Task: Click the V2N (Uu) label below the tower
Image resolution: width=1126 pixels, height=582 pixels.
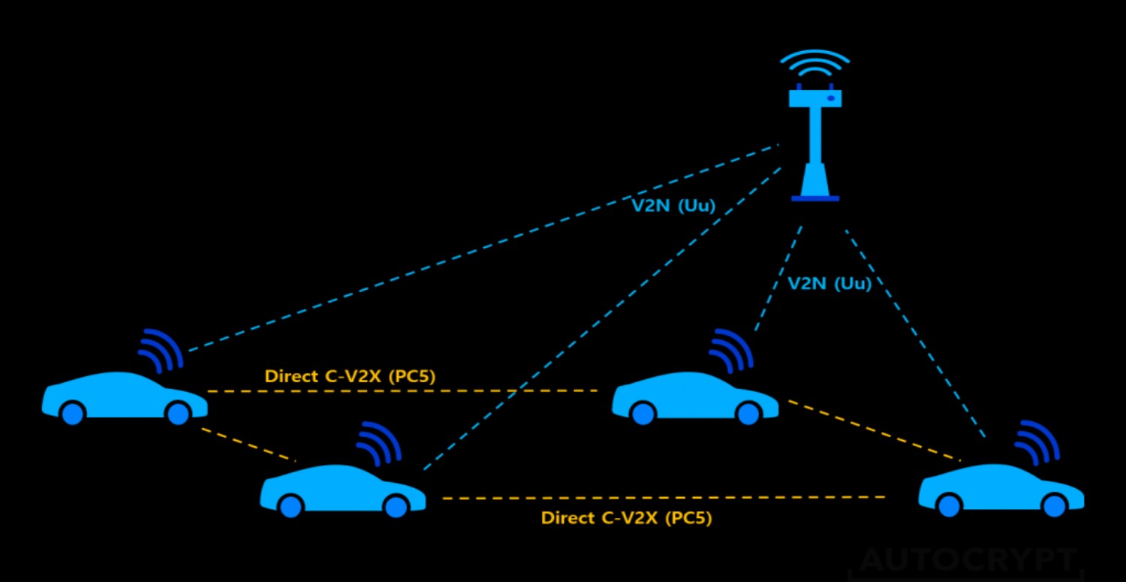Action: pyautogui.click(x=829, y=284)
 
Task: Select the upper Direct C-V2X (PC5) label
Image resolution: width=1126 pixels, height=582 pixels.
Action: pyautogui.click(x=350, y=375)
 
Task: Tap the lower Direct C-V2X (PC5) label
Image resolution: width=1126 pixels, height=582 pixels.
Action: pyautogui.click(x=626, y=517)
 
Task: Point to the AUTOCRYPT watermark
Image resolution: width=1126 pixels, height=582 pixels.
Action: pyautogui.click(x=968, y=560)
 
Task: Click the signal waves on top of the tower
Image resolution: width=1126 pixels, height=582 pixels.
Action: pyautogui.click(x=814, y=65)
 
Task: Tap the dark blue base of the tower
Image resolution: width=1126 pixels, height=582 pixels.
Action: pyautogui.click(x=815, y=198)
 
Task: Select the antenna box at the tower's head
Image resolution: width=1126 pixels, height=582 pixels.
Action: pyautogui.click(x=815, y=98)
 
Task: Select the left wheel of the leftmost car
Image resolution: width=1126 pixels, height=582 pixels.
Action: pyautogui.click(x=72, y=413)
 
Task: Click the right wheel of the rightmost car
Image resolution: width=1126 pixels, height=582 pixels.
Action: pyautogui.click(x=1055, y=505)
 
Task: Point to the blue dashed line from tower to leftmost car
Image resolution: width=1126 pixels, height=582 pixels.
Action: pyautogui.click(x=480, y=248)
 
